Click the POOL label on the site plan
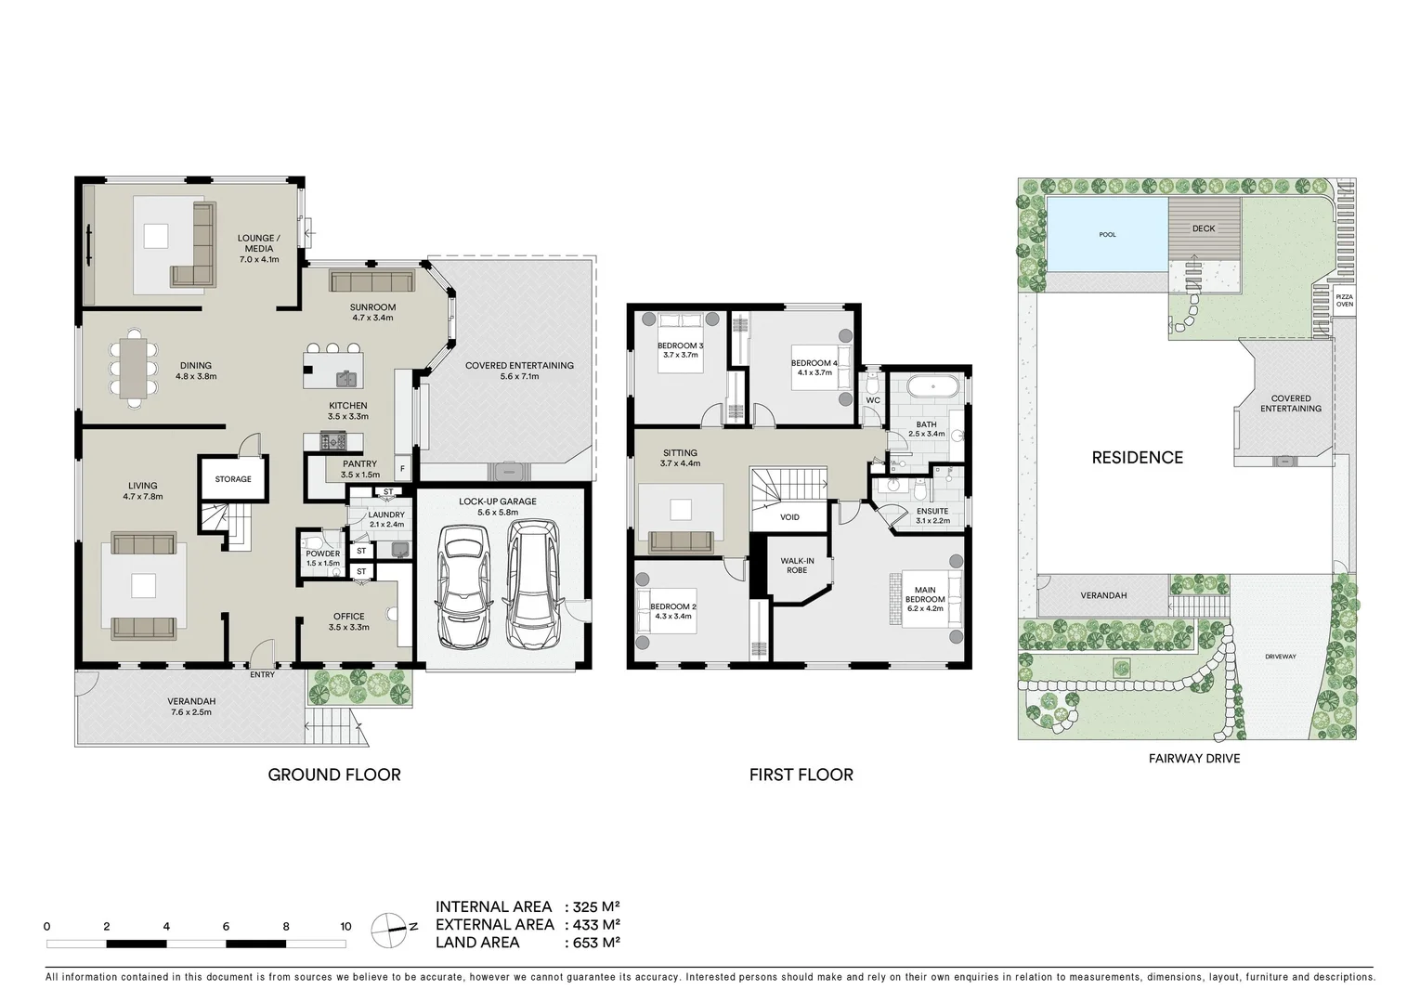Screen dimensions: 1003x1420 point(1107,235)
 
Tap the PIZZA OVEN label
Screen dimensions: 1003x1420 point(1344,301)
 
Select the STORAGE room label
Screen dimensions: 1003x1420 point(233,479)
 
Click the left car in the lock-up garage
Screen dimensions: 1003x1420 point(463,587)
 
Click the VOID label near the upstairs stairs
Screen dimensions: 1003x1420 point(789,517)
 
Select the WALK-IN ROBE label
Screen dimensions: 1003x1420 point(797,566)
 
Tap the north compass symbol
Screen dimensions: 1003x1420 point(388,928)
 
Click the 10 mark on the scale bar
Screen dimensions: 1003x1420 point(345,927)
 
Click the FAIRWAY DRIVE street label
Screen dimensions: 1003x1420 point(1193,759)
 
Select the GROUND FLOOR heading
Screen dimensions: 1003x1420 point(334,775)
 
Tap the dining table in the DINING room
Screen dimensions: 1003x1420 point(137,367)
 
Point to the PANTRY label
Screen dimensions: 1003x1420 point(359,464)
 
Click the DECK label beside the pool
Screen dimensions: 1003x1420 point(1203,228)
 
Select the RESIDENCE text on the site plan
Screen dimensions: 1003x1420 point(1137,458)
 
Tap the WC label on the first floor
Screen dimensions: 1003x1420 point(872,401)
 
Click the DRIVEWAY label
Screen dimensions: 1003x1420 point(1280,657)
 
